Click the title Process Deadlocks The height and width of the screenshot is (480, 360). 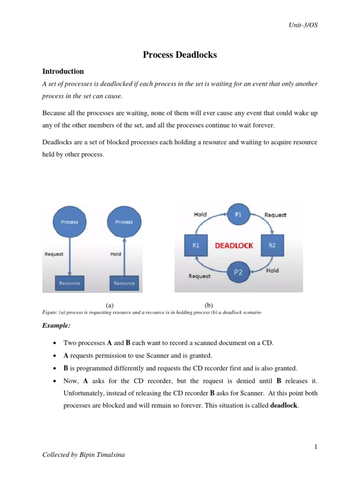180,55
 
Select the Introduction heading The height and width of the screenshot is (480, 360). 63,71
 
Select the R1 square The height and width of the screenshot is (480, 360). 195,245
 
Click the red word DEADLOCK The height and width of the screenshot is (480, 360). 234,245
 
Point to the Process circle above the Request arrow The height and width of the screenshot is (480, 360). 69,221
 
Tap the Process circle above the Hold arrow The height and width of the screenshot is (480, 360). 124,221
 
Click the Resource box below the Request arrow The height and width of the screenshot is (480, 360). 69,283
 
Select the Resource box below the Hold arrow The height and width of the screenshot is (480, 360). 124,283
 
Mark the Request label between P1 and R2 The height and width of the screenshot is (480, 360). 275,215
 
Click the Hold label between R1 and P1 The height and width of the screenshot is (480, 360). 200,214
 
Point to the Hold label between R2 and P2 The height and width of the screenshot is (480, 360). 272,270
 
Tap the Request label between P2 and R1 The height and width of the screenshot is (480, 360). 199,276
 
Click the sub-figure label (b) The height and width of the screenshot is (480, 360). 209,305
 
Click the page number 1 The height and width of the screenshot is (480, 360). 316,447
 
